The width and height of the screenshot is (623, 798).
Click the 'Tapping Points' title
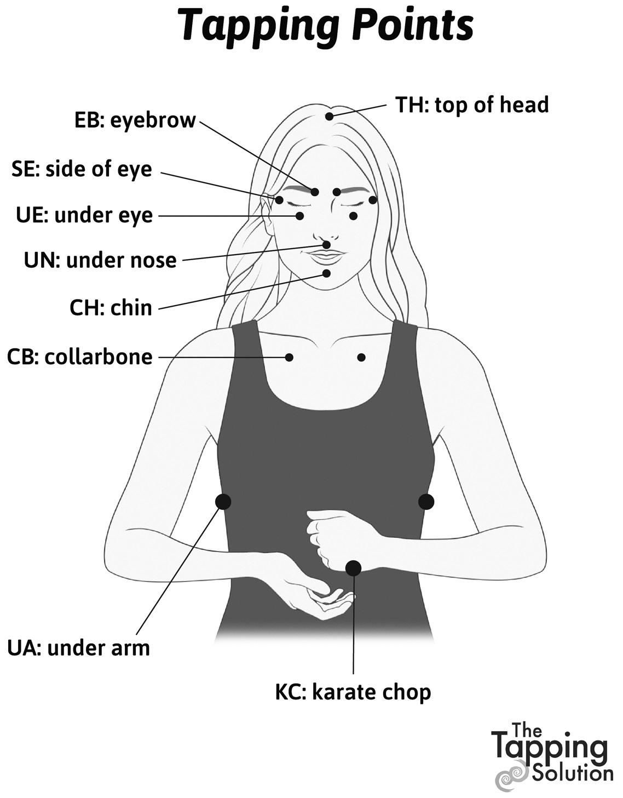pos(326,25)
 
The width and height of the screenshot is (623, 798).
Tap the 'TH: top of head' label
pos(472,104)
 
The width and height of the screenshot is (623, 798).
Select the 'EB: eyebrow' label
pos(135,120)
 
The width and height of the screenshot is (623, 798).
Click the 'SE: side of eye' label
pos(82,169)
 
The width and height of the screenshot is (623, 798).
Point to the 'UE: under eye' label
pos(84,215)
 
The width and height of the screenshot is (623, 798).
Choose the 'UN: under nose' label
pos(100,260)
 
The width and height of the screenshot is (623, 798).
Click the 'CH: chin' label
pos(111,307)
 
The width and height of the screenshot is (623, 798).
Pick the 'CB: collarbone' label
pos(80,357)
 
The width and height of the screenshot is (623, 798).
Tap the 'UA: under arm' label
pos(78,648)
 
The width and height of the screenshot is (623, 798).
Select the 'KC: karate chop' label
pos(353,692)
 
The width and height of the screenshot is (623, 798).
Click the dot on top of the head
pos(328,116)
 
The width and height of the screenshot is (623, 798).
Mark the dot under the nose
pos(327,244)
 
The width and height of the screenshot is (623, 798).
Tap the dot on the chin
pos(327,273)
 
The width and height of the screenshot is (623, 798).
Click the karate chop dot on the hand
pos(353,568)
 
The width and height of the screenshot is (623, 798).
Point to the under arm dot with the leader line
pos(223,501)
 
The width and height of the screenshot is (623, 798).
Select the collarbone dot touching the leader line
pos(290,357)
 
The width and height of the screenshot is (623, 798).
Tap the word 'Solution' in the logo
pos(572,773)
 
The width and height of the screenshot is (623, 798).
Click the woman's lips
pos(326,255)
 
